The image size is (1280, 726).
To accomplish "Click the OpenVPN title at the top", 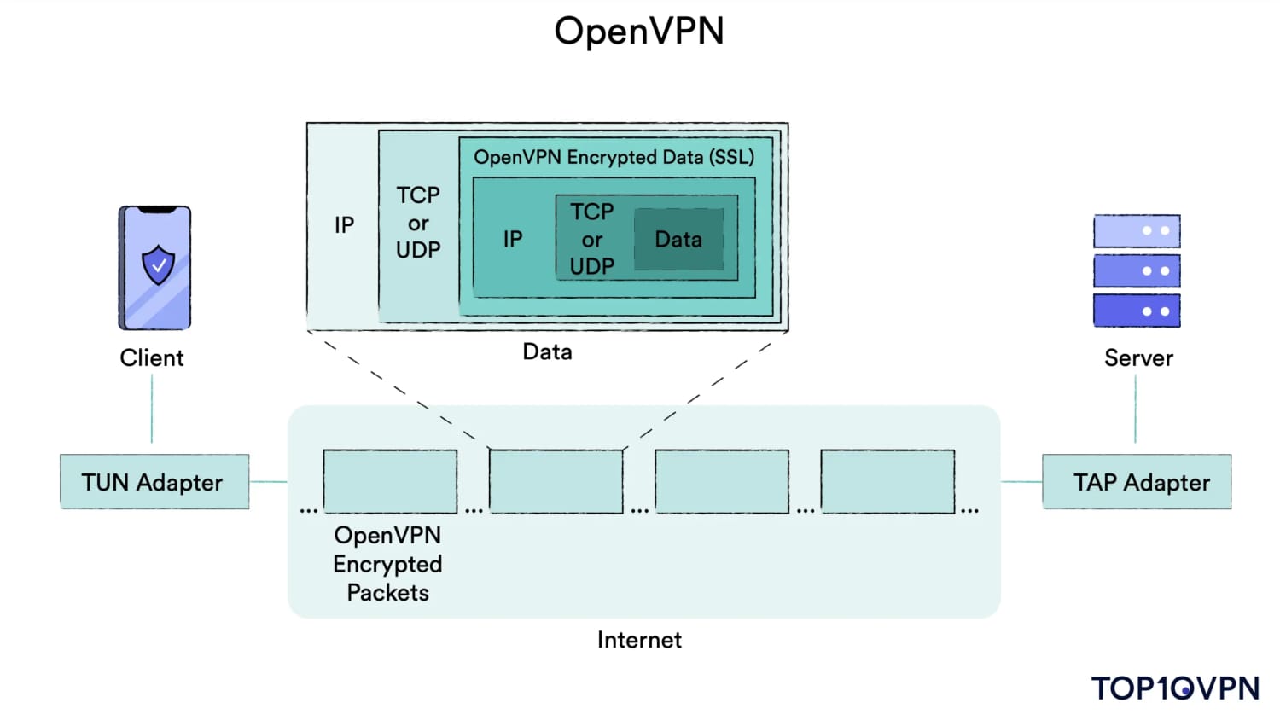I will pyautogui.click(x=638, y=32).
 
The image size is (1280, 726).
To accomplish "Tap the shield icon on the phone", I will pyautogui.click(x=158, y=264).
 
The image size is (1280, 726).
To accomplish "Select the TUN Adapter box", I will pyautogui.click(x=154, y=482).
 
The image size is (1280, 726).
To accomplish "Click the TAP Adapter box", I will pyautogui.click(x=1137, y=482).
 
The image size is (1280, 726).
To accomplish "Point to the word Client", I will pyautogui.click(x=152, y=357).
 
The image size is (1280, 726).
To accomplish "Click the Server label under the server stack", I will pyautogui.click(x=1138, y=357).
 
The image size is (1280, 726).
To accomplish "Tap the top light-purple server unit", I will pyautogui.click(x=1137, y=231).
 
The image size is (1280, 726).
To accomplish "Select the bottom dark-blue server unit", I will pyautogui.click(x=1137, y=311).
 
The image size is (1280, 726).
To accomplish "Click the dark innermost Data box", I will pyautogui.click(x=678, y=240).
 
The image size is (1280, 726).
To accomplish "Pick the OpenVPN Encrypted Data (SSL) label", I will pyautogui.click(x=614, y=157).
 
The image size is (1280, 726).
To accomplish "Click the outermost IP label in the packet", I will pyautogui.click(x=344, y=225).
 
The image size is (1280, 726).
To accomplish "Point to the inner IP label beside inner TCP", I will pyautogui.click(x=513, y=239).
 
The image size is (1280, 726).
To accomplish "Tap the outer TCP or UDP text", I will pyautogui.click(x=418, y=223).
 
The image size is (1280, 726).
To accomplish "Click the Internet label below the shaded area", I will pyautogui.click(x=639, y=640).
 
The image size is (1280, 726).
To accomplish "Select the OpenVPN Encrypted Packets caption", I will pyautogui.click(x=387, y=564).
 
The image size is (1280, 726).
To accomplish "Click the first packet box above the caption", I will pyautogui.click(x=390, y=481).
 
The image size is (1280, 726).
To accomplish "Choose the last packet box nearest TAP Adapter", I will pyautogui.click(x=887, y=481).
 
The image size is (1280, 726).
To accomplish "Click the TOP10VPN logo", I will pyautogui.click(x=1175, y=688).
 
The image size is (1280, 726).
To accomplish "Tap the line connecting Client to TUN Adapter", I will pyautogui.click(x=152, y=409).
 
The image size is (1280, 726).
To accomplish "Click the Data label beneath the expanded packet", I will pyautogui.click(x=547, y=351).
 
